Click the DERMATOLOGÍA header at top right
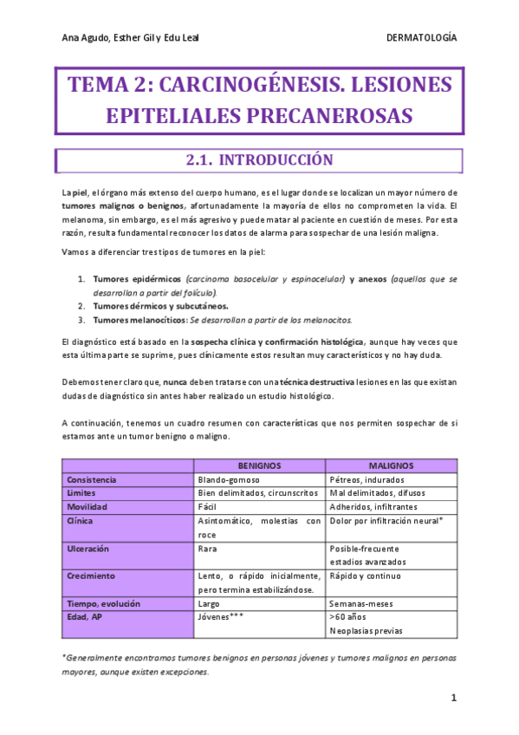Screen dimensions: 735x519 pos(421,38)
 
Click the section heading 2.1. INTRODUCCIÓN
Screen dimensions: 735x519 pos(259,161)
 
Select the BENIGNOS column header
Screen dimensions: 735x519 pos(259,465)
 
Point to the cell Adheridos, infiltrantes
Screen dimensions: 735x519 pos(373,506)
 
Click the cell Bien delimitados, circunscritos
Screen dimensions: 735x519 pos(257,492)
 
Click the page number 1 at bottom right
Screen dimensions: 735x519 pos(453,699)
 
